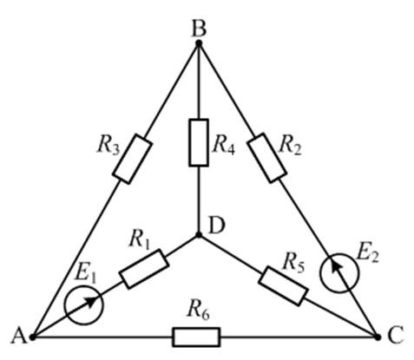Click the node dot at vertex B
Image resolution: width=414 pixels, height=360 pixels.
(x=199, y=43)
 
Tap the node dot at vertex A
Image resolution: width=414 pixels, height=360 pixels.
(x=33, y=337)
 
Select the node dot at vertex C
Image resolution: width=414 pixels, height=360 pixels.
(x=378, y=337)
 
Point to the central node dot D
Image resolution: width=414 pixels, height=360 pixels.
(x=199, y=235)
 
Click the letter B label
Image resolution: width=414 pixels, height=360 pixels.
(x=199, y=29)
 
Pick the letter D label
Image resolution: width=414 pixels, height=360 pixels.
(x=216, y=226)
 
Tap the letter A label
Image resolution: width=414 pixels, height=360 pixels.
(x=19, y=337)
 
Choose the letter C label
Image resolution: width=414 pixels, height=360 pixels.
(x=396, y=336)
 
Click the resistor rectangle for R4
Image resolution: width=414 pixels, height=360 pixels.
(x=199, y=142)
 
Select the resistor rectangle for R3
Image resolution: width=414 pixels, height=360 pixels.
(x=132, y=159)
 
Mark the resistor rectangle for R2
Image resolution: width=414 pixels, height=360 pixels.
(x=267, y=158)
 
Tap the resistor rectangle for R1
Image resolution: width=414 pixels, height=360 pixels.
(x=144, y=269)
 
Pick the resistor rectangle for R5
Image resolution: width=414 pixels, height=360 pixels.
(x=283, y=286)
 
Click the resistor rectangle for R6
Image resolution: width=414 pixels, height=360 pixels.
(x=196, y=337)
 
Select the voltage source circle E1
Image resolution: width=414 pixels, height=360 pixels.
(x=84, y=305)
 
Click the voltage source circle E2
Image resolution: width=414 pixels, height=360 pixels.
(x=339, y=273)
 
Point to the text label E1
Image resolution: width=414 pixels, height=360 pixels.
(x=85, y=273)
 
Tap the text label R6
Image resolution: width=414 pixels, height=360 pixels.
(x=198, y=310)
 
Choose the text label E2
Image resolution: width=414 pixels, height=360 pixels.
(x=367, y=254)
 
